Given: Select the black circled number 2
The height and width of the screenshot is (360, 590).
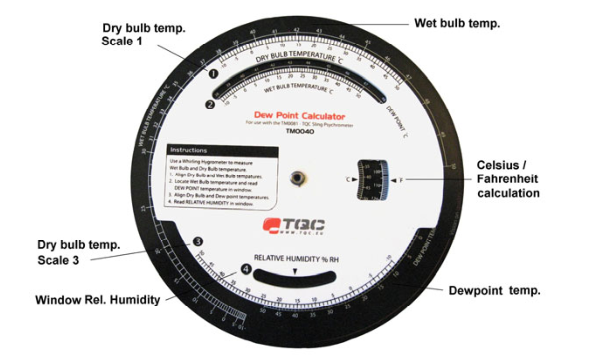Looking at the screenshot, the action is point(210,103).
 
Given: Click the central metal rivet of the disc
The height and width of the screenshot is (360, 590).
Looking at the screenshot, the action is point(296,177).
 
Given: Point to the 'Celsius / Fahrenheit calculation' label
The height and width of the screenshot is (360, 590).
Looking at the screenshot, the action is point(521,177).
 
